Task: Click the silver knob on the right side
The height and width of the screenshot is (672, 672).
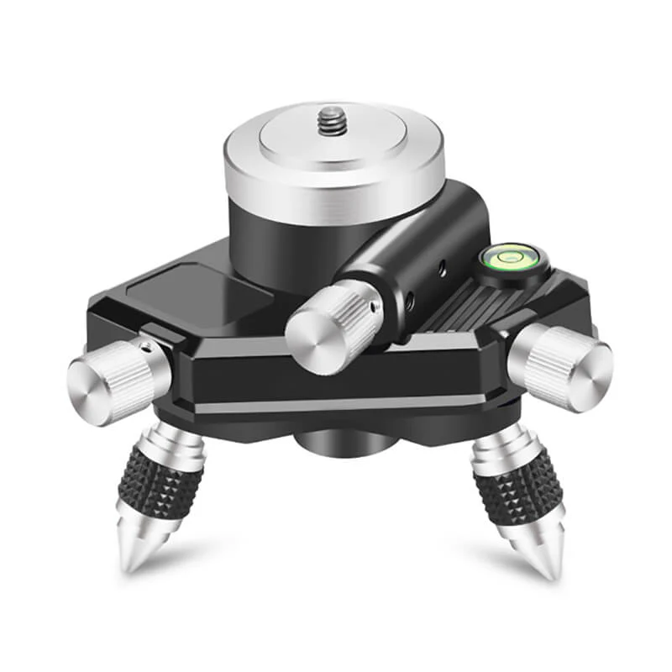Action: point(560,363)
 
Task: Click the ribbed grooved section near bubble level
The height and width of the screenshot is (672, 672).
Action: point(458,307)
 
